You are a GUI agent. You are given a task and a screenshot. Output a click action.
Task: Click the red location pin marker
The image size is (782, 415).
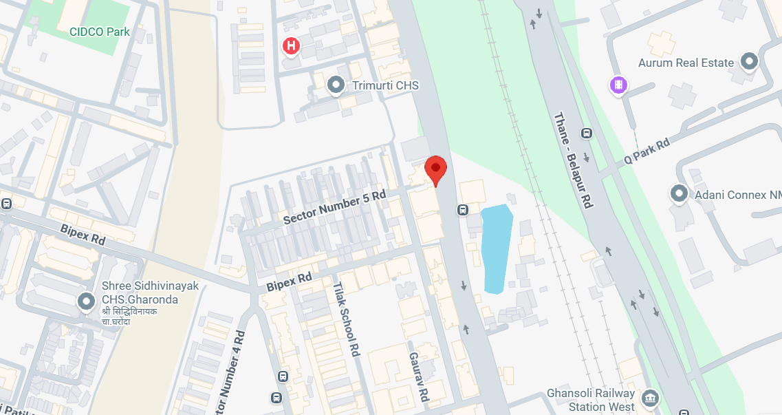coord(435,169)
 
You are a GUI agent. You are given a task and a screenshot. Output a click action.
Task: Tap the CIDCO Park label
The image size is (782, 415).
coord(100,31)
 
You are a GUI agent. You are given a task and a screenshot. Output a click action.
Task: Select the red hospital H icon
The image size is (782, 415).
coord(292,46)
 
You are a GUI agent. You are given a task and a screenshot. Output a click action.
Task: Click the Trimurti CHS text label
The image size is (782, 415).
coord(385,85)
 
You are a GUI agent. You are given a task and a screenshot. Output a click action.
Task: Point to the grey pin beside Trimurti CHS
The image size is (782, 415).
coord(336,85)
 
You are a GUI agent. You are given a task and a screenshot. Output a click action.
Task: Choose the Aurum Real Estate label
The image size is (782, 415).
coord(686,63)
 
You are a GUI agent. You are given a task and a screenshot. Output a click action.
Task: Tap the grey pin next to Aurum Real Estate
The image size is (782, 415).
coord(748,63)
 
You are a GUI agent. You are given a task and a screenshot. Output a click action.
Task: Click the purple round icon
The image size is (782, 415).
coord(619,85)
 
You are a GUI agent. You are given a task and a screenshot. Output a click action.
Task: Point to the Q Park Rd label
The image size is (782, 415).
coord(647,152)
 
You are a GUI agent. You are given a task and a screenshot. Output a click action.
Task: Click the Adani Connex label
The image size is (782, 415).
coord(737,195)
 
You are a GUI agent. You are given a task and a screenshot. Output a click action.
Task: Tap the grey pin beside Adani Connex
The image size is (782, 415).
coord(680,194)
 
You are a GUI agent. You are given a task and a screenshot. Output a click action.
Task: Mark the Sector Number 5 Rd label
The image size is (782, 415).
coord(334,207)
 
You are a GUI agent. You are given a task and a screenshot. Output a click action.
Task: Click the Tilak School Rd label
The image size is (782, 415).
coord(346,318)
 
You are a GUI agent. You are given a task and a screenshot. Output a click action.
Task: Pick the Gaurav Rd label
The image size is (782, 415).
coord(419,376)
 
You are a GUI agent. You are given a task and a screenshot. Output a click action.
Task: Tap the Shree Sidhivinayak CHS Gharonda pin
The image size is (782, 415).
coord(86,301)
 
